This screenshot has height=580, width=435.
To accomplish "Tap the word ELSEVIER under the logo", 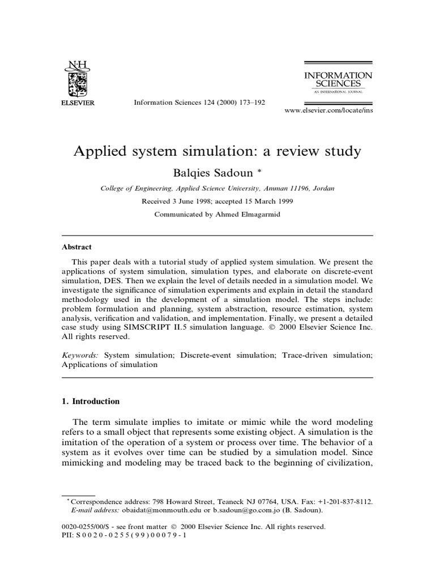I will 78,103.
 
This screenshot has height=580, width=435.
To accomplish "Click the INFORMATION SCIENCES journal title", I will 339,80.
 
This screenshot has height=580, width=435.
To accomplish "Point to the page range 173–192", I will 248,103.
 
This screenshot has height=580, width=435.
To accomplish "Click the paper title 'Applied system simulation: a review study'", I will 217,152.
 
